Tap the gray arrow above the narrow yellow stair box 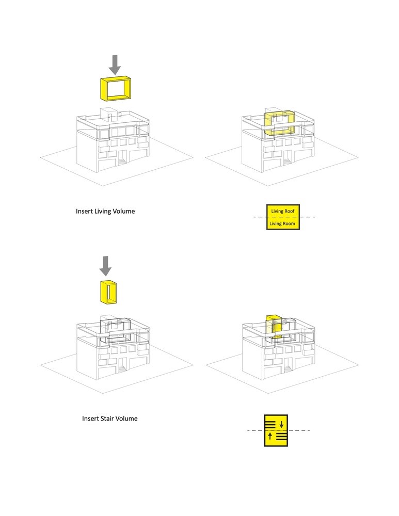tap(105, 265)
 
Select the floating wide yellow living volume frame tap(116, 88)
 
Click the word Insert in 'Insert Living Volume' tap(85, 211)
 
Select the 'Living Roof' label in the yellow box tap(282, 212)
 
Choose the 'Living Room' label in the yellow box tap(283, 223)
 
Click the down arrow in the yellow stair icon tap(281, 425)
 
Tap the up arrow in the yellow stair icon tap(270, 437)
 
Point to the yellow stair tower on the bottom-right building tap(274, 326)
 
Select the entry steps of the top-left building tap(122, 162)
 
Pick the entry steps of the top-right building tap(288, 162)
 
